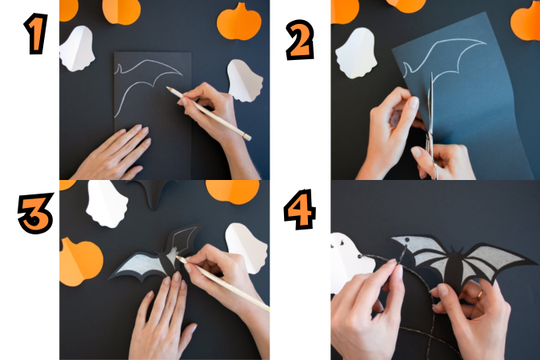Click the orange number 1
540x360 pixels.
(x=36, y=34)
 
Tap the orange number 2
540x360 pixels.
(x=300, y=40)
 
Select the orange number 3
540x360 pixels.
(x=36, y=213)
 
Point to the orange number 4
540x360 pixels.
(x=299, y=210)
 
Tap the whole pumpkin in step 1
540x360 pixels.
(x=239, y=22)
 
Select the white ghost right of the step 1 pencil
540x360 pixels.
(x=246, y=81)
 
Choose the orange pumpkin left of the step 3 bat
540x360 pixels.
(x=81, y=262)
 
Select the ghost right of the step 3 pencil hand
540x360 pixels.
(x=246, y=248)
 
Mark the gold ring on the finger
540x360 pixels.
(x=480, y=294)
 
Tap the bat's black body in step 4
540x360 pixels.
(x=454, y=267)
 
